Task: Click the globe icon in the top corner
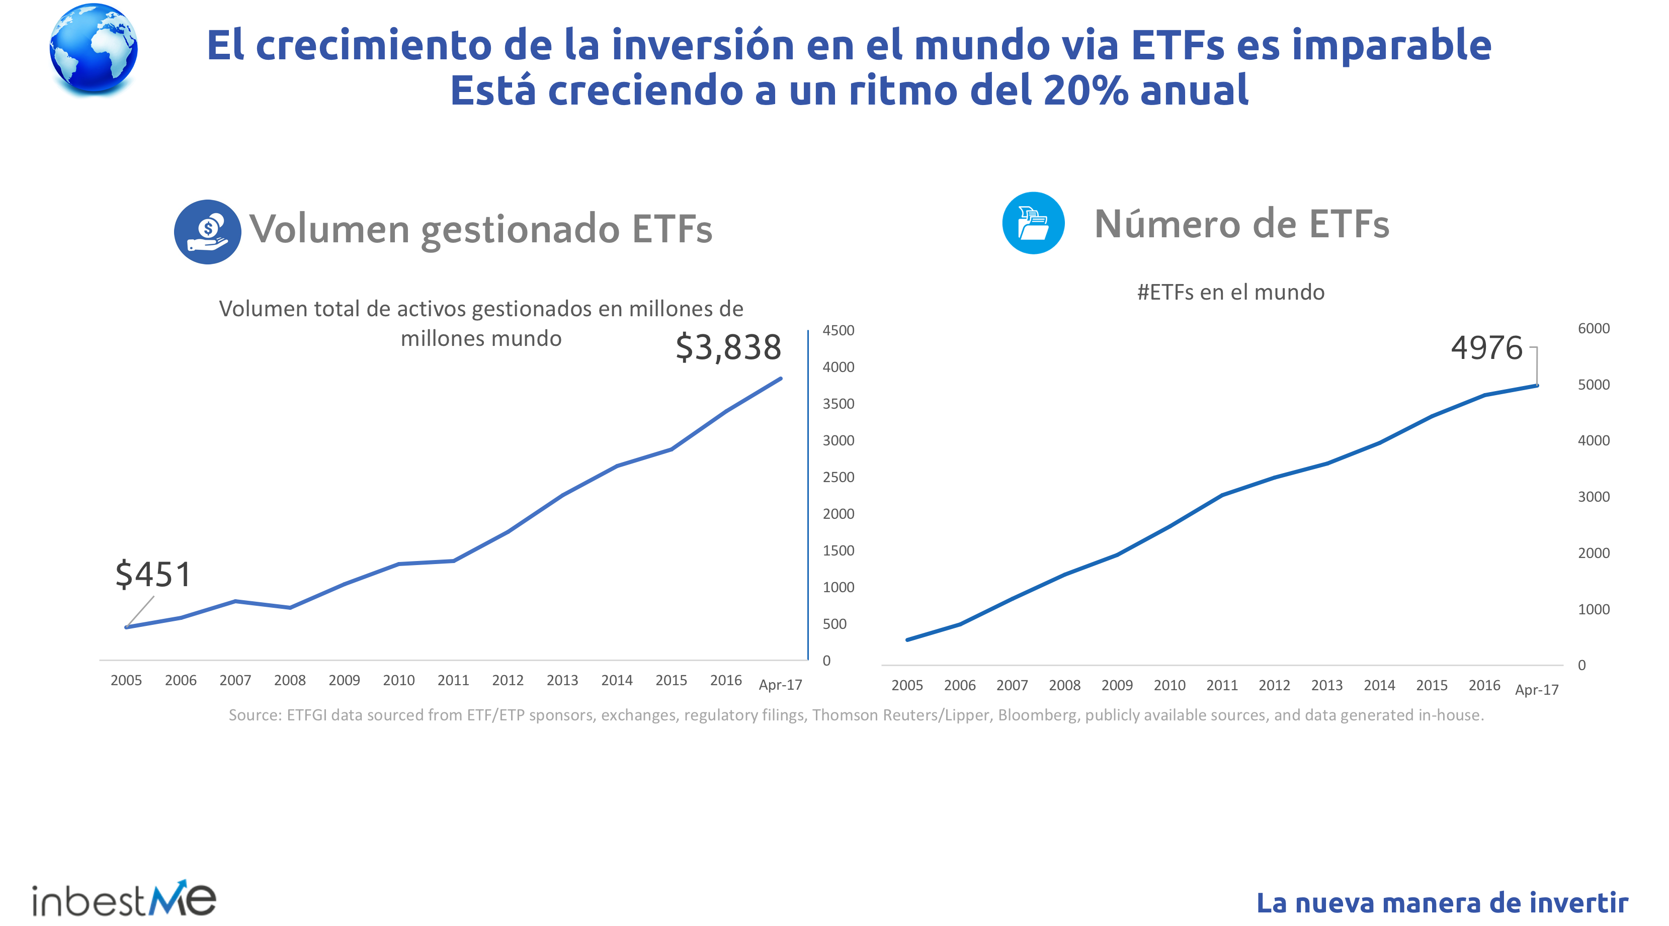click(93, 49)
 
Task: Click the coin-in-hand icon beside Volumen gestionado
click(207, 232)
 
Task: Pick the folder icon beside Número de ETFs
click(1033, 223)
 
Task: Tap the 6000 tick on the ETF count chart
click(1593, 328)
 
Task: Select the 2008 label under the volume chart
click(290, 681)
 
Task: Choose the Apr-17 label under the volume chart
click(780, 685)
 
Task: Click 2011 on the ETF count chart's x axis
click(1221, 685)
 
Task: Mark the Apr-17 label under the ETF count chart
click(1536, 690)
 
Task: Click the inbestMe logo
click(124, 899)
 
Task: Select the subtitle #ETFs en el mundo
click(1230, 292)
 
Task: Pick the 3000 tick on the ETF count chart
click(1593, 497)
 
